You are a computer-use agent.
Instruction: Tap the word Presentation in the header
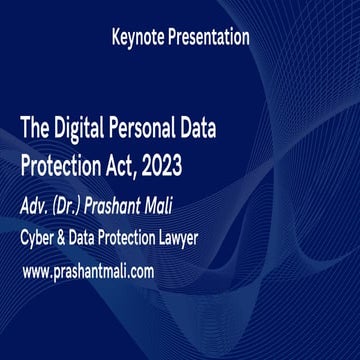(x=211, y=39)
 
